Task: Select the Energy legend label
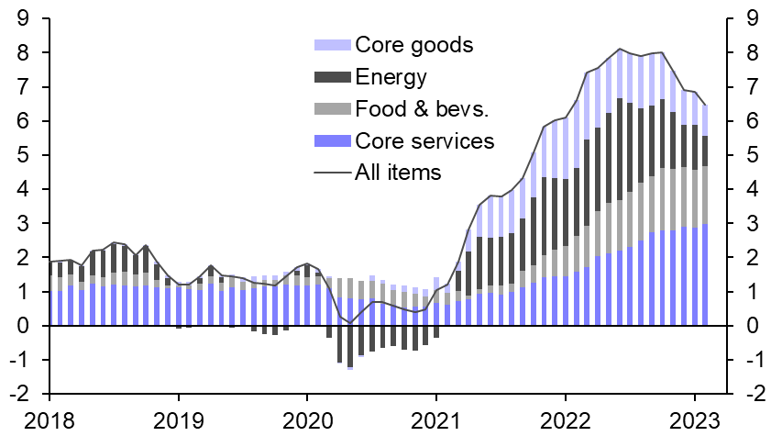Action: pos(391,77)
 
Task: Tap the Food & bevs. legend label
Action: pos(423,109)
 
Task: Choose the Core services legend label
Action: pos(424,141)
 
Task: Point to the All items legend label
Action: pos(398,172)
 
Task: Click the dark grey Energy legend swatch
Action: pos(332,77)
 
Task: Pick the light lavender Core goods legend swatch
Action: pos(332,45)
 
